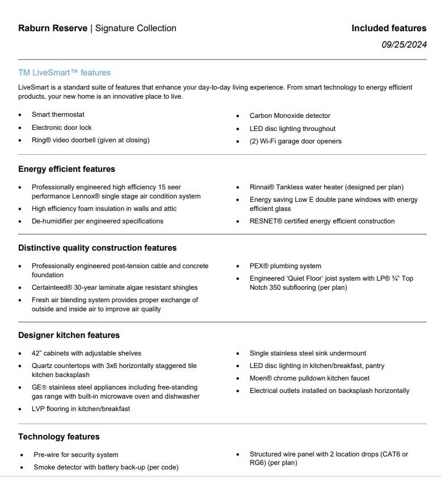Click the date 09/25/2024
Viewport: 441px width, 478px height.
[404, 45]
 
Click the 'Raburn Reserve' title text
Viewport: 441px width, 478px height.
[53, 28]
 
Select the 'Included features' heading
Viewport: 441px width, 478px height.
[389, 28]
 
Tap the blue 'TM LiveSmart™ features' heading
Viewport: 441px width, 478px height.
[64, 73]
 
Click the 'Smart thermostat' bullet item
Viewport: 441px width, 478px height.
[58, 115]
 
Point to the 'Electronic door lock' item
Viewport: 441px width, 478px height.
[61, 128]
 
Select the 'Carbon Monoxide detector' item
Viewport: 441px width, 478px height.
[289, 116]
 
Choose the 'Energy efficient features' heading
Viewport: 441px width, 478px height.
[66, 169]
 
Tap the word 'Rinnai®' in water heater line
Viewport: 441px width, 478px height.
[262, 187]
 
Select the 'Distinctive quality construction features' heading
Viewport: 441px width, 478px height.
[97, 248]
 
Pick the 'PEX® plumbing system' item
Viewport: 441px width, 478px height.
[285, 266]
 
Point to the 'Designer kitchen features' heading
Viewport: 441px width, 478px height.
[69, 335]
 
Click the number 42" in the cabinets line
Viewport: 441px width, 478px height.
[36, 353]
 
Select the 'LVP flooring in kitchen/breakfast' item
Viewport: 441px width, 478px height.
[81, 409]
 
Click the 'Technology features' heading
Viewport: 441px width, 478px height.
[58, 437]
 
